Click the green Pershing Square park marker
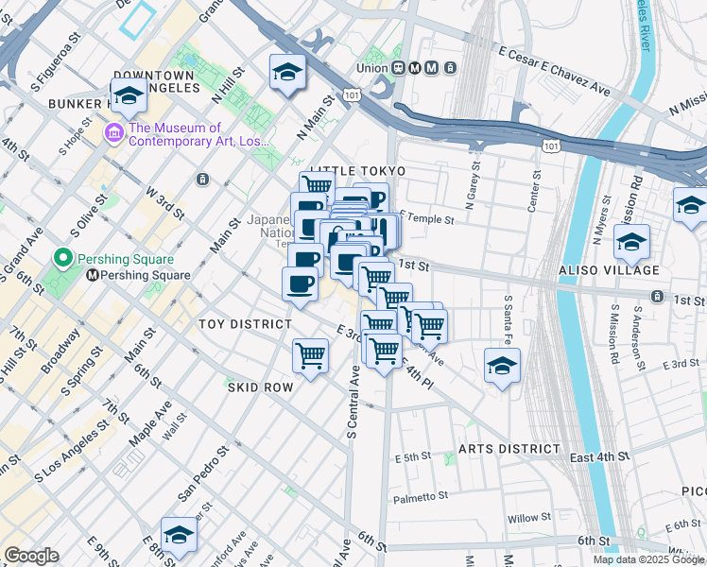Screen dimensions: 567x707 tap(63, 258)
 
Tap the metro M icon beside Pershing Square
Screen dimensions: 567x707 tap(93, 276)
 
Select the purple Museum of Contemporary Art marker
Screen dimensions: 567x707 tap(113, 131)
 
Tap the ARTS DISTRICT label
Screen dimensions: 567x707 tap(509, 448)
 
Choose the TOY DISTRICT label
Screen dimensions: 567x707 tap(245, 324)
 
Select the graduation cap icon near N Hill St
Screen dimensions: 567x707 tap(286, 72)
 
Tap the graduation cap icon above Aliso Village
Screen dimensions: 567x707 tap(631, 241)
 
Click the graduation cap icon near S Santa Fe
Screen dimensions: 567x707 tap(502, 366)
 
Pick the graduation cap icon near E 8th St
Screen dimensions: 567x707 tap(178, 534)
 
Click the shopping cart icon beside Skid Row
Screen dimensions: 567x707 tap(310, 355)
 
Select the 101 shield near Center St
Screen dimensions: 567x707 tap(550, 146)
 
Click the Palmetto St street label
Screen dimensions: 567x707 tap(422, 496)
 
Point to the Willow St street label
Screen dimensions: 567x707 tap(528, 518)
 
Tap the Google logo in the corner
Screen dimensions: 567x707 tap(31, 556)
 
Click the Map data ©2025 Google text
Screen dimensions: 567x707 tap(647, 559)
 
